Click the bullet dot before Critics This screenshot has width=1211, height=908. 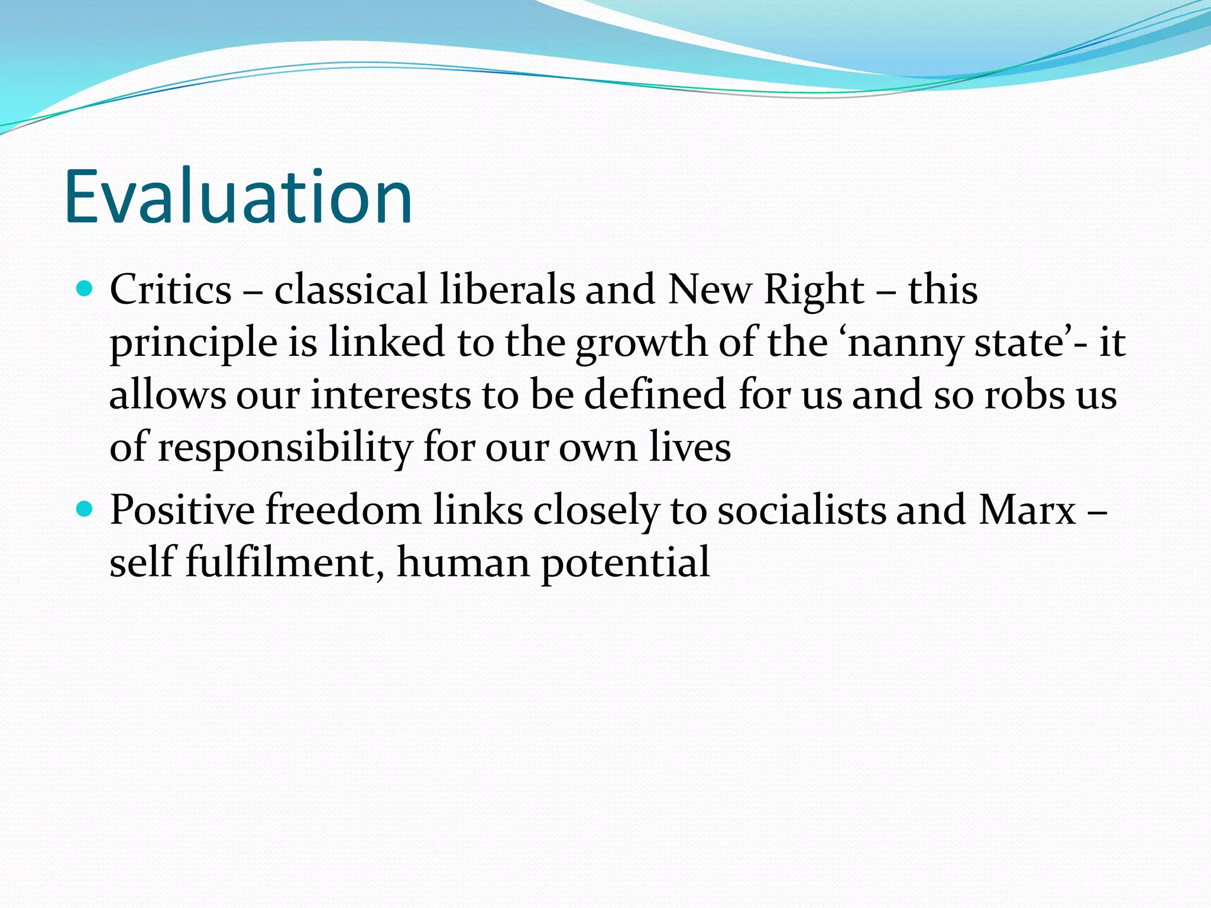coord(85,289)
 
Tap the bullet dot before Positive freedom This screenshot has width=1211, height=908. coord(85,508)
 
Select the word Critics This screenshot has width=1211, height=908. coord(170,290)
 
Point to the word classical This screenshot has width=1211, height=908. coord(350,290)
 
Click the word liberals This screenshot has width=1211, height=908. coord(507,290)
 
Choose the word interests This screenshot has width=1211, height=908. coord(391,395)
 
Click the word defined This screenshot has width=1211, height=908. coord(655,395)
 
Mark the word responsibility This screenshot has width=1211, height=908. coord(285,448)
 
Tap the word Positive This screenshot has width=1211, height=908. coord(182,510)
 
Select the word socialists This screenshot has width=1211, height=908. coord(801,510)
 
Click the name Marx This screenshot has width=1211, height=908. coord(1027,510)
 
